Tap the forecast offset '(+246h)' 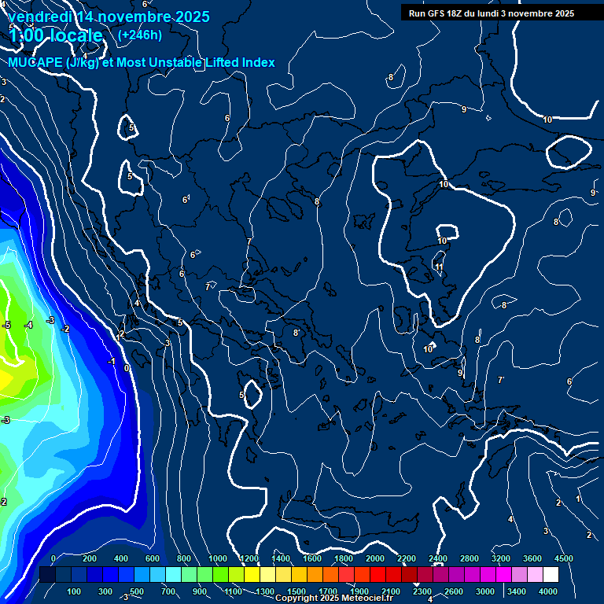140,35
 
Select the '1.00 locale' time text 56,36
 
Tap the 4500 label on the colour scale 564,558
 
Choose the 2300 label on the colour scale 422,591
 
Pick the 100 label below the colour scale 75,591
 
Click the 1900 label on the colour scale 359,591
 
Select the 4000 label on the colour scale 548,591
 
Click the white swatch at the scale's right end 551,575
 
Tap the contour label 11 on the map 439,267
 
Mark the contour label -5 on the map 6,325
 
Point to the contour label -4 28,325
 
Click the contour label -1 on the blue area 112,362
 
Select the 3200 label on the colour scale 501,558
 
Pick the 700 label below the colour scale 169,591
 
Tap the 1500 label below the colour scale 296,591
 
